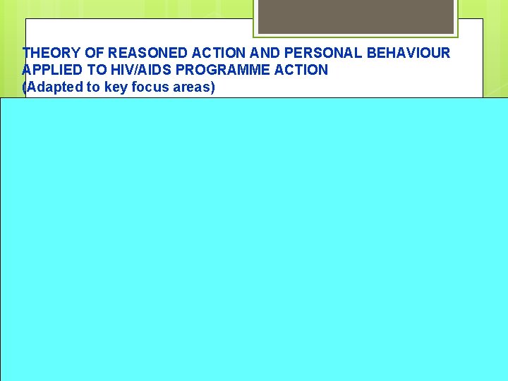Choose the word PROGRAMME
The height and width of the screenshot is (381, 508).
coord(226,70)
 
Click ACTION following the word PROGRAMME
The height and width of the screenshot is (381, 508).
coord(302,70)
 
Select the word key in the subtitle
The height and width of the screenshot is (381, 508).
coord(111,87)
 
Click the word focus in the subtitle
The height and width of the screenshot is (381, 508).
coord(149,87)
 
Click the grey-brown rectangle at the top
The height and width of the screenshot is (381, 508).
coord(355,16)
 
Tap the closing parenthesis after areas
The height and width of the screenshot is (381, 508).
coord(212,87)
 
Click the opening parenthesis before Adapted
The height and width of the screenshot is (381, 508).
coord(25,87)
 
